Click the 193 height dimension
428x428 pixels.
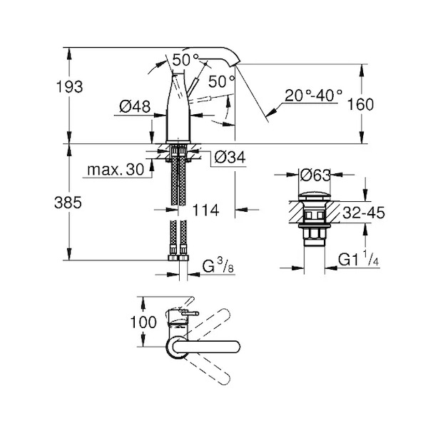coord(69,87)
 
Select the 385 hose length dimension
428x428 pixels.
coord(68,203)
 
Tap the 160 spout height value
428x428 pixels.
coord(360,104)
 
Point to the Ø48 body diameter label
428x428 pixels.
coord(135,106)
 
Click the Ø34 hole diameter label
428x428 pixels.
coord(230,157)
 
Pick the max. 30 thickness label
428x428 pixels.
coord(116,170)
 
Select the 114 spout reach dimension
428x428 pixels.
coord(206,210)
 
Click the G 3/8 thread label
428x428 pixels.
coord(218,265)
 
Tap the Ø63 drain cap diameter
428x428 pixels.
coord(315,175)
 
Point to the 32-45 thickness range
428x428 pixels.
coord(364,213)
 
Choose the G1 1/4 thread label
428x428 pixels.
coord(359,259)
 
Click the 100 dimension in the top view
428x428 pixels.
coord(143,322)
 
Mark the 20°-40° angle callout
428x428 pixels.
coord(313,96)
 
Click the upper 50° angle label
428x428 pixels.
coord(185,60)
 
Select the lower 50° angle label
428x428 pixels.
coord(222,81)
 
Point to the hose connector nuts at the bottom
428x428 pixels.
coord(178,258)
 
